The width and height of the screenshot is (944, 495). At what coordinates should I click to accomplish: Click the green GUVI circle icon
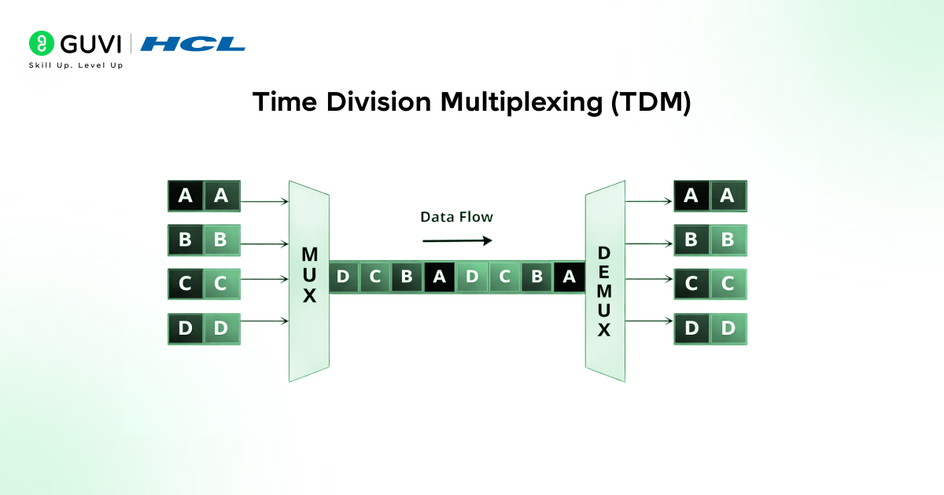point(42,44)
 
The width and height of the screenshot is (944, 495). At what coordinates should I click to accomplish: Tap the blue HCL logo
point(193,44)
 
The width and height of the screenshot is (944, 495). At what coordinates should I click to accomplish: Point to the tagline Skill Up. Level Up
point(76,65)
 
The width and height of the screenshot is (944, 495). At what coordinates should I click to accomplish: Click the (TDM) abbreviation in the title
point(651,103)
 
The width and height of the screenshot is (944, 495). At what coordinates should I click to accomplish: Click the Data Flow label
point(456,217)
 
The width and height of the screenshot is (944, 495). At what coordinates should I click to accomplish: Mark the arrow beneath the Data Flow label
point(457,240)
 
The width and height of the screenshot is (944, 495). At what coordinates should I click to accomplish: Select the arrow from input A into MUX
point(264,202)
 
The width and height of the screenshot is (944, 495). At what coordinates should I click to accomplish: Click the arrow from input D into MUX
point(264,321)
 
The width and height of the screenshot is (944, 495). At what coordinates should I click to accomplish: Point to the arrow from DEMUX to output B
point(649,244)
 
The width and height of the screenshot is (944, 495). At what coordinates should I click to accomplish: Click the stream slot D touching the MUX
point(343,277)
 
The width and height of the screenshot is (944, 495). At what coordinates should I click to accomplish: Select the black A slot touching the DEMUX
point(569,277)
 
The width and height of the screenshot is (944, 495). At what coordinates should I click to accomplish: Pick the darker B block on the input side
point(186,240)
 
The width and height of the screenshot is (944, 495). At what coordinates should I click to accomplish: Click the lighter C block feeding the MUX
point(222,284)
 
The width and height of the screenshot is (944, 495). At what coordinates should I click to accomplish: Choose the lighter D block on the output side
point(728,328)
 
